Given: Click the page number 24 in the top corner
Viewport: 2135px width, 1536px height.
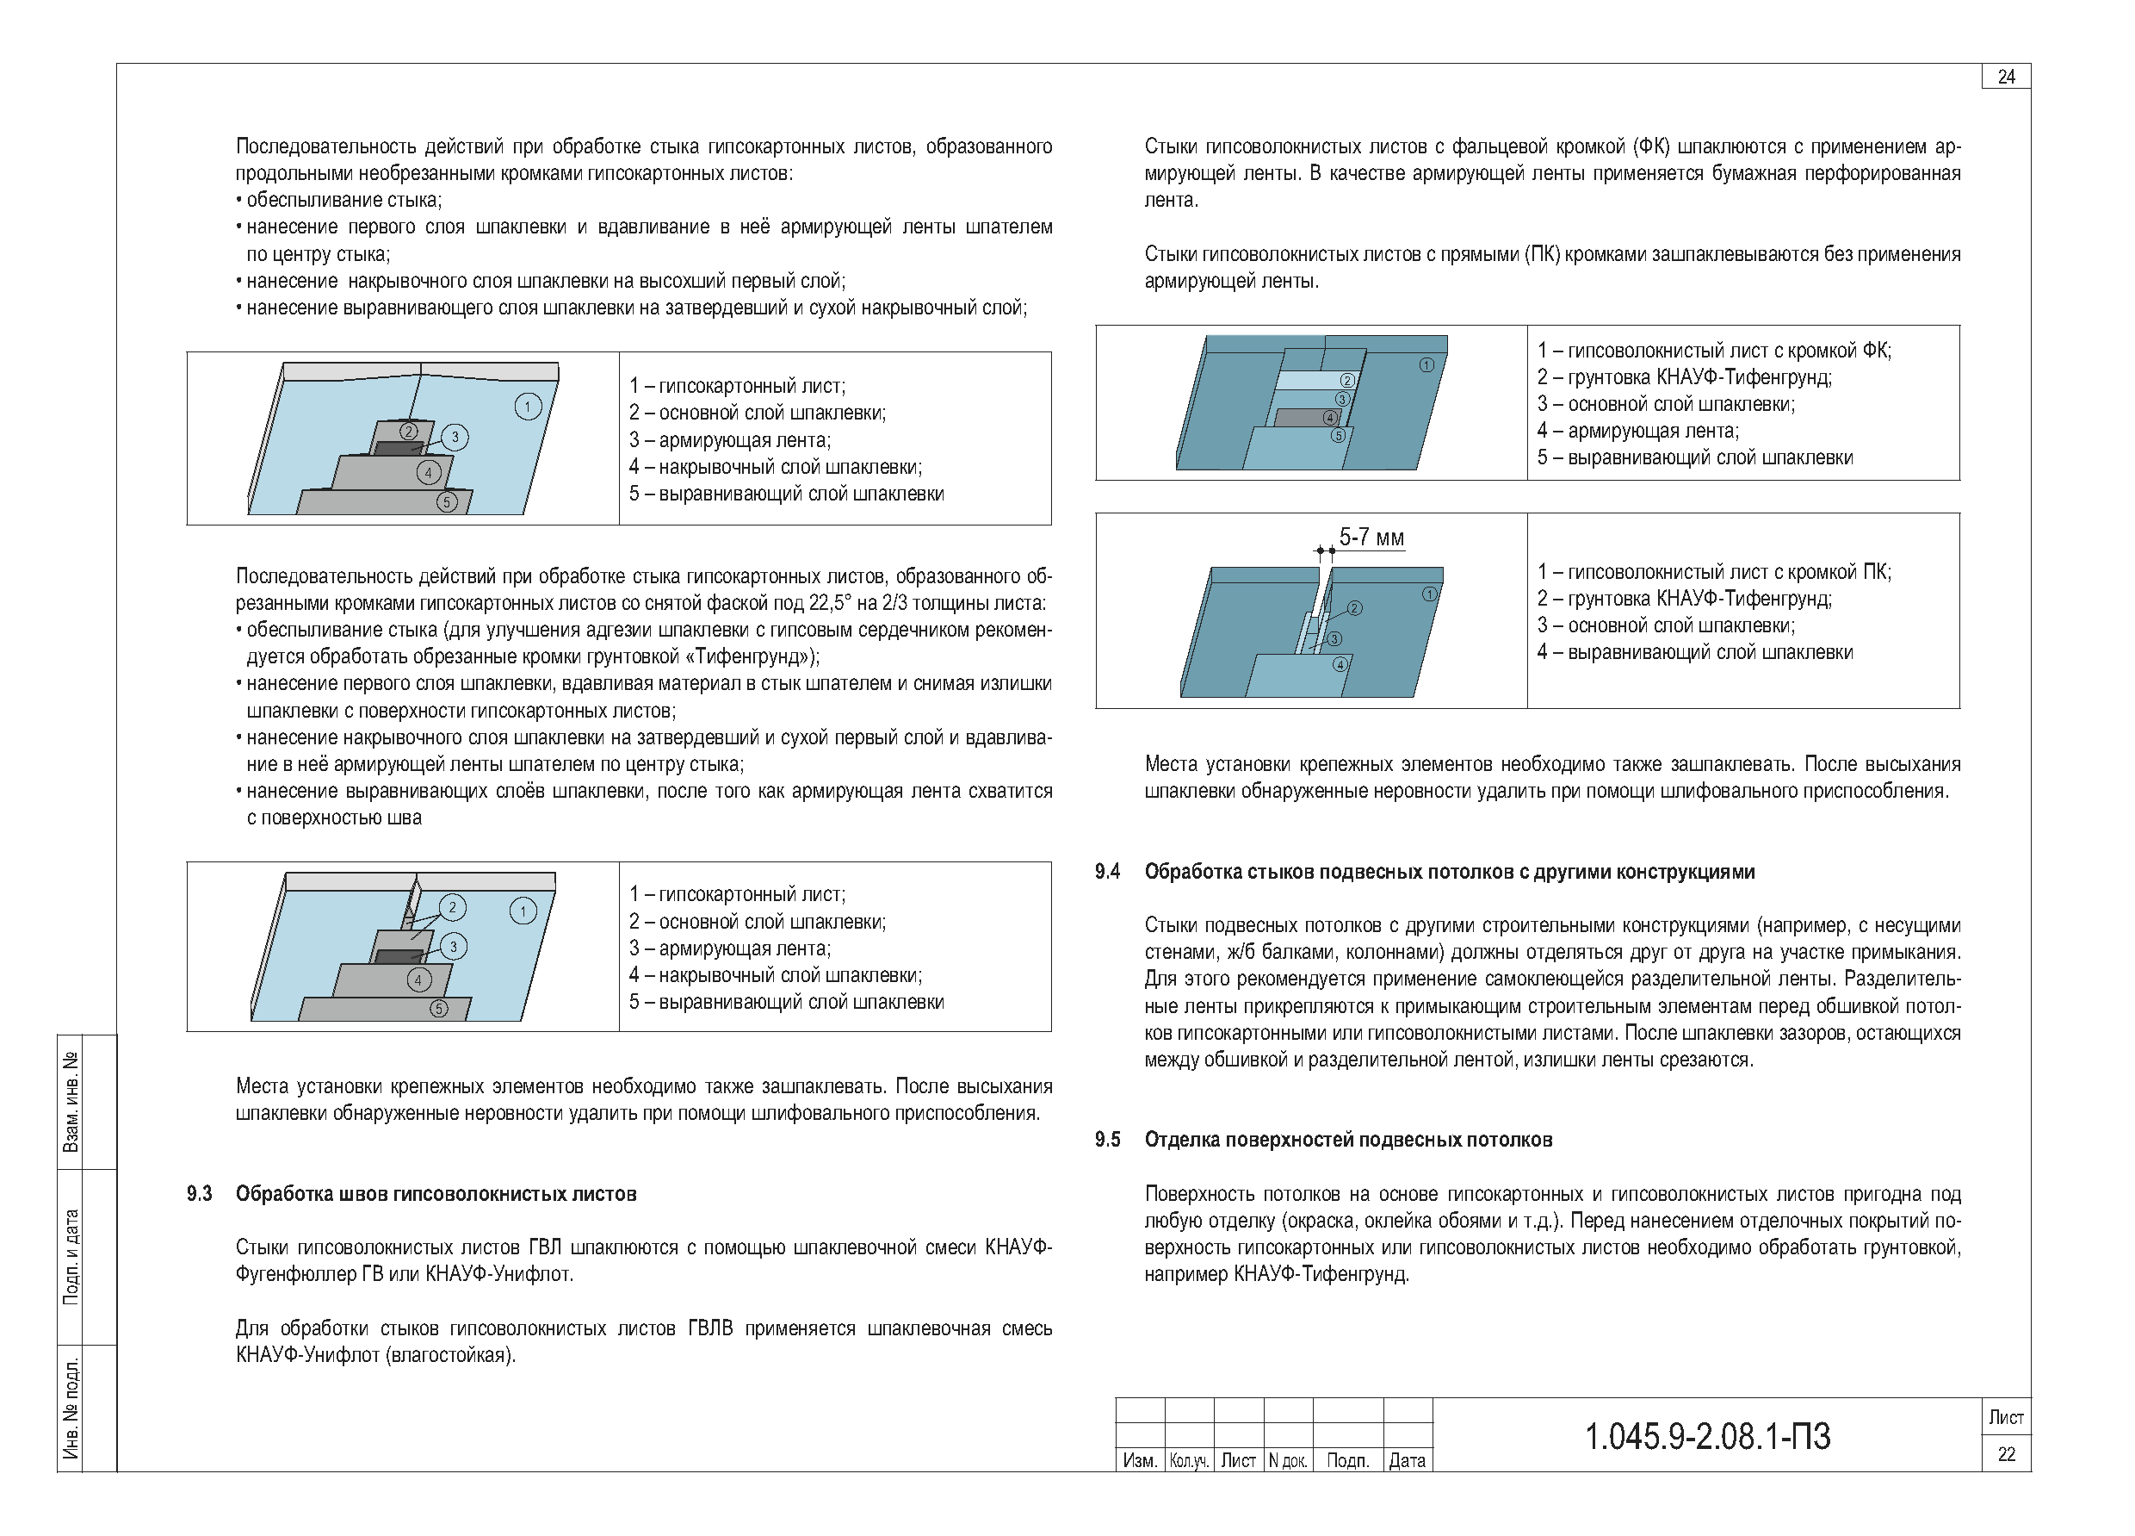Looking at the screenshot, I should point(2006,78).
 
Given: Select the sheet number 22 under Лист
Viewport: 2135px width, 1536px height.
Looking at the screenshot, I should point(2006,1454).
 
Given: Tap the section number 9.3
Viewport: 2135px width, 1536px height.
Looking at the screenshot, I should point(199,1194).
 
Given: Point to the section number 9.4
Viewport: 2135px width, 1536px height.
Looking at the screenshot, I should point(1107,872).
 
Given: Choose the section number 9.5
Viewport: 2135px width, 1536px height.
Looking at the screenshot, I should point(1107,1141).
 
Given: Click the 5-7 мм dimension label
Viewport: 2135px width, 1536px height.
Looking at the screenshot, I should point(1371,538).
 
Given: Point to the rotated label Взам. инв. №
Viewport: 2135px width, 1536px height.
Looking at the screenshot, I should point(71,1102).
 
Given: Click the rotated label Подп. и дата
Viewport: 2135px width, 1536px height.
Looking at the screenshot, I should point(71,1256).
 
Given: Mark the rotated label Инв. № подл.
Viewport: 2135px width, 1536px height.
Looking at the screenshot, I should point(71,1409).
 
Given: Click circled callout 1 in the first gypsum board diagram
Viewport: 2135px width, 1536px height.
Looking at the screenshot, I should point(527,407).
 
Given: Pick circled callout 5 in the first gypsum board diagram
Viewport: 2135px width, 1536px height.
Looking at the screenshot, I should point(447,502).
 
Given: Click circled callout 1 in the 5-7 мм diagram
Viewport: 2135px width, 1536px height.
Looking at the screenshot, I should point(1429,594).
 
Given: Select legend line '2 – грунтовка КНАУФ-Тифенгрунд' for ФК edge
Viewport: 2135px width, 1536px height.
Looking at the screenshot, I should point(1684,377).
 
